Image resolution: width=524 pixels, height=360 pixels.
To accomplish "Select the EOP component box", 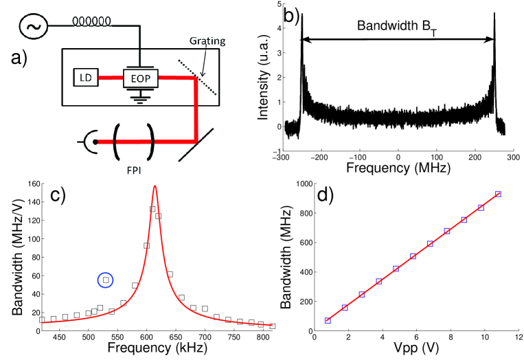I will point(139,78).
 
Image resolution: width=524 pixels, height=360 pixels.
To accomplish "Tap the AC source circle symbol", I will point(32,27).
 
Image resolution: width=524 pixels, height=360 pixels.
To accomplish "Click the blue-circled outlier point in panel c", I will point(106,280).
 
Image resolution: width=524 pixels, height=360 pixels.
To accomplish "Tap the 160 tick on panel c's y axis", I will point(31,183).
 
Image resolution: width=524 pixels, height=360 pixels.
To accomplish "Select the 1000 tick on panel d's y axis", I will point(301,183).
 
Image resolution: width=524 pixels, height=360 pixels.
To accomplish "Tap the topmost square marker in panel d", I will point(498,194).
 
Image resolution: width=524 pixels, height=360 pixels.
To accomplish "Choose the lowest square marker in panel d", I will point(328,320).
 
